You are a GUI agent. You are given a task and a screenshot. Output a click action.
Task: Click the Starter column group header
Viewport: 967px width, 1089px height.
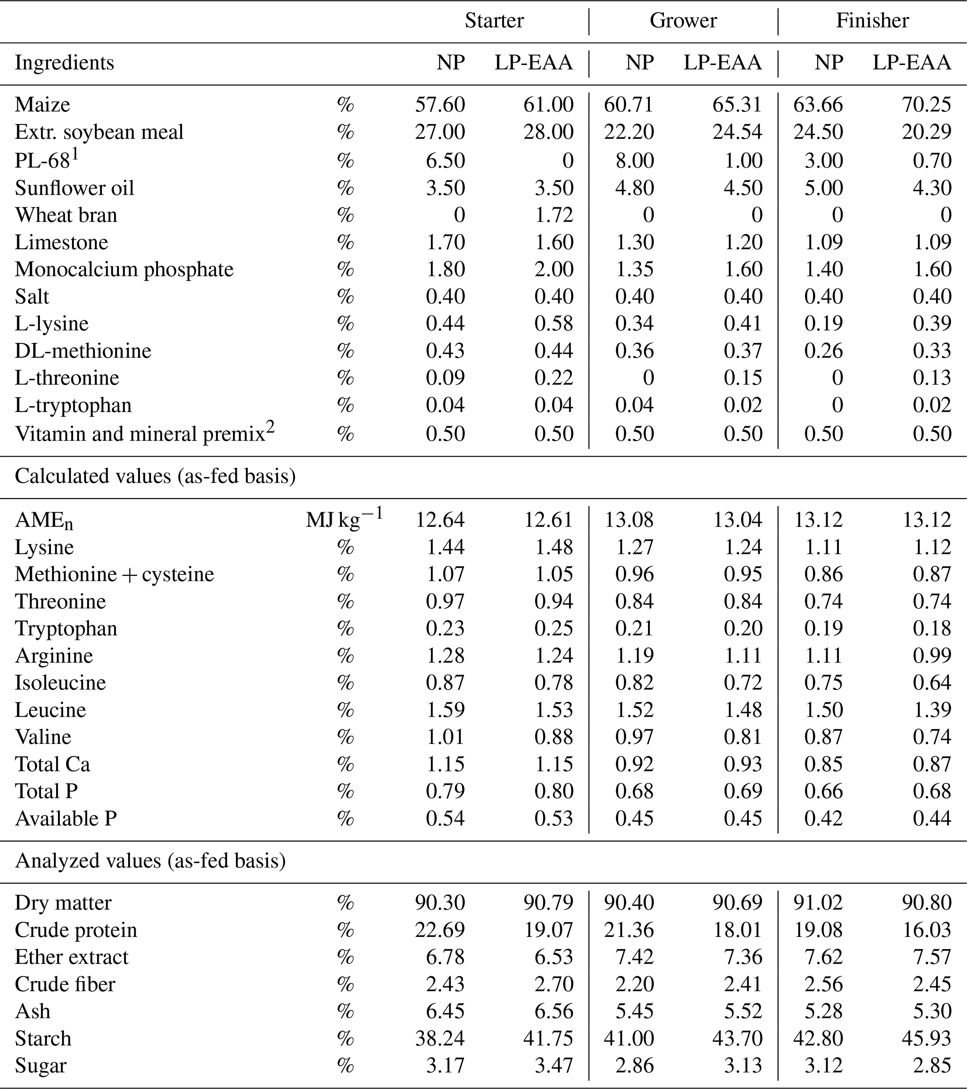coord(494,21)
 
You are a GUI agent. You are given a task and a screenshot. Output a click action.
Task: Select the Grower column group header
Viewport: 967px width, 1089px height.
coord(683,21)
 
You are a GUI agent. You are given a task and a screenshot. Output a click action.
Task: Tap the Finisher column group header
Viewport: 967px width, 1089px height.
coord(872,21)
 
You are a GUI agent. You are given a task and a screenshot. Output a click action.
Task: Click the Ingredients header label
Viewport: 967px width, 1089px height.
coord(65,63)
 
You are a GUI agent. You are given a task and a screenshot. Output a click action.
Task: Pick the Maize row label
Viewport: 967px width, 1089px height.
coord(42,104)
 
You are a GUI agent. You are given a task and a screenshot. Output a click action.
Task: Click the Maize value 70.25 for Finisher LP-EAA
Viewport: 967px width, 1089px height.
coord(926,104)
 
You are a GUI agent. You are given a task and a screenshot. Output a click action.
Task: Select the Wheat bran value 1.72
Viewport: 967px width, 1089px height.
coord(553,215)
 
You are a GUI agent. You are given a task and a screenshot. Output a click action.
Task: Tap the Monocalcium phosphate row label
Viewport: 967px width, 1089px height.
coord(124,269)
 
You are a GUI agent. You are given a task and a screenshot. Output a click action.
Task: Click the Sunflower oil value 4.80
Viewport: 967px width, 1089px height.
coord(634,188)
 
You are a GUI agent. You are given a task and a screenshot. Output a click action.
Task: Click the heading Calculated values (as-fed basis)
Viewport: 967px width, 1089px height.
coord(155,476)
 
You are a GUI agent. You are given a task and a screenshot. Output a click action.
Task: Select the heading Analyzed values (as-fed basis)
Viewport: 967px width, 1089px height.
coord(150,860)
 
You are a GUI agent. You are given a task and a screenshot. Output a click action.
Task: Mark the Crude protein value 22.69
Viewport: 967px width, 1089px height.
coord(440,929)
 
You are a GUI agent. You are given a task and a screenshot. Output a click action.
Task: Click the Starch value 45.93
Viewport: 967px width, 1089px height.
coord(926,1038)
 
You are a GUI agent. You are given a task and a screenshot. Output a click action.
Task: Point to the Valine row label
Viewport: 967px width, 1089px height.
coord(43,737)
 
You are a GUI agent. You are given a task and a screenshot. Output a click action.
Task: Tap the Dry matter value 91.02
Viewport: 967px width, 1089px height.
coord(818,902)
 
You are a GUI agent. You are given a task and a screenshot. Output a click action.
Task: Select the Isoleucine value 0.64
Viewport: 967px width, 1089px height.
coord(932,682)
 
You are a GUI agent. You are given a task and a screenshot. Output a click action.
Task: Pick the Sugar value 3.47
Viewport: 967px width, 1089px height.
coord(553,1066)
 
